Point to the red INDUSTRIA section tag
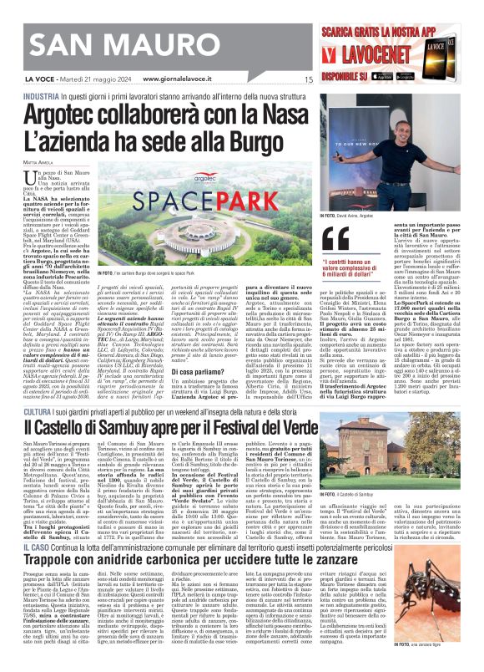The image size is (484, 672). tap(41, 97)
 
